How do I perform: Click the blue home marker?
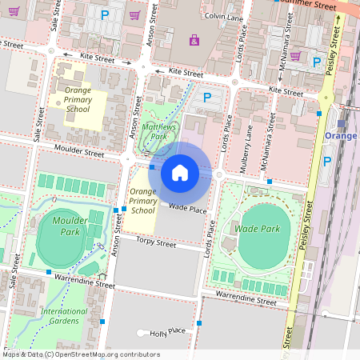point(180,173)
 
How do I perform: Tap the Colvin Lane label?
point(224,16)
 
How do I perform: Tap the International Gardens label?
point(64,315)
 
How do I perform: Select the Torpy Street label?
point(156,241)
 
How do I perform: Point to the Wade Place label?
point(188,209)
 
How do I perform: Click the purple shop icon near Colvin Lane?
point(194,39)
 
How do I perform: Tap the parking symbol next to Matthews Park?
point(207,98)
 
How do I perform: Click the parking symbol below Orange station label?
point(326,161)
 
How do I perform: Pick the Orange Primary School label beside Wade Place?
point(142,202)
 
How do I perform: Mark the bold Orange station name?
point(342,136)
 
